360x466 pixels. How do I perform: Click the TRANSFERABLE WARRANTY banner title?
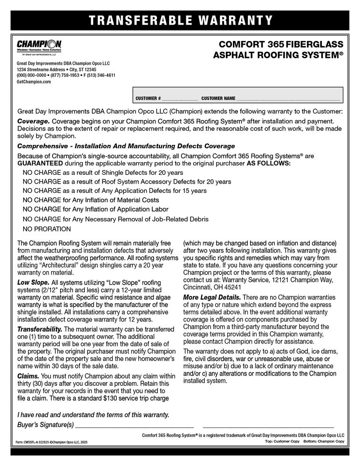[180, 20]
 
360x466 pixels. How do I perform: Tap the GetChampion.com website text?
[34, 82]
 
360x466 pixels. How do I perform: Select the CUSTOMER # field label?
[148, 99]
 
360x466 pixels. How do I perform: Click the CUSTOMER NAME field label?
[218, 99]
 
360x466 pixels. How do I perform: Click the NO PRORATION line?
[47, 229]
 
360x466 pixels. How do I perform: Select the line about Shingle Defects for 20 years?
[102, 172]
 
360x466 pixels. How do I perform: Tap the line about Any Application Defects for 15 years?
[114, 191]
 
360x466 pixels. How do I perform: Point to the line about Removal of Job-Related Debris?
[115, 219]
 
